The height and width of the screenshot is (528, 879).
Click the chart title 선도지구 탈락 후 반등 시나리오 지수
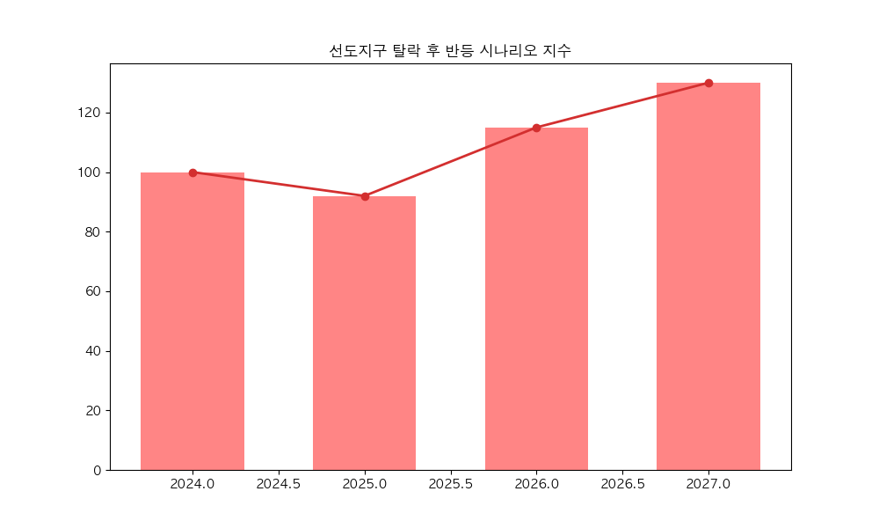[x=450, y=51]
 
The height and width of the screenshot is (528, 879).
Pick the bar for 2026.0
[x=536, y=299]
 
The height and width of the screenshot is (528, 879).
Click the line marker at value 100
[x=193, y=172]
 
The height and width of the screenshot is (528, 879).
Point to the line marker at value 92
[x=365, y=196]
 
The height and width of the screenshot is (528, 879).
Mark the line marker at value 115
[x=536, y=128]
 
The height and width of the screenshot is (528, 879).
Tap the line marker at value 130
[x=708, y=83]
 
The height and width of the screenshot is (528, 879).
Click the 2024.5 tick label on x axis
[x=279, y=485]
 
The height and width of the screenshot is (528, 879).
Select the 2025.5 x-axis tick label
[x=451, y=485]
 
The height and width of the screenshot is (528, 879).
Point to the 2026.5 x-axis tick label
[x=622, y=485]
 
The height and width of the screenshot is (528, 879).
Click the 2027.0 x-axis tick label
[x=708, y=485]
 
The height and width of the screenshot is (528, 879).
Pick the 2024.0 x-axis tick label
[x=193, y=485]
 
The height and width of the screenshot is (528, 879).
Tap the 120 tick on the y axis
[x=90, y=113]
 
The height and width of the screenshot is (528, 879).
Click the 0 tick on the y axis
[x=97, y=470]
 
